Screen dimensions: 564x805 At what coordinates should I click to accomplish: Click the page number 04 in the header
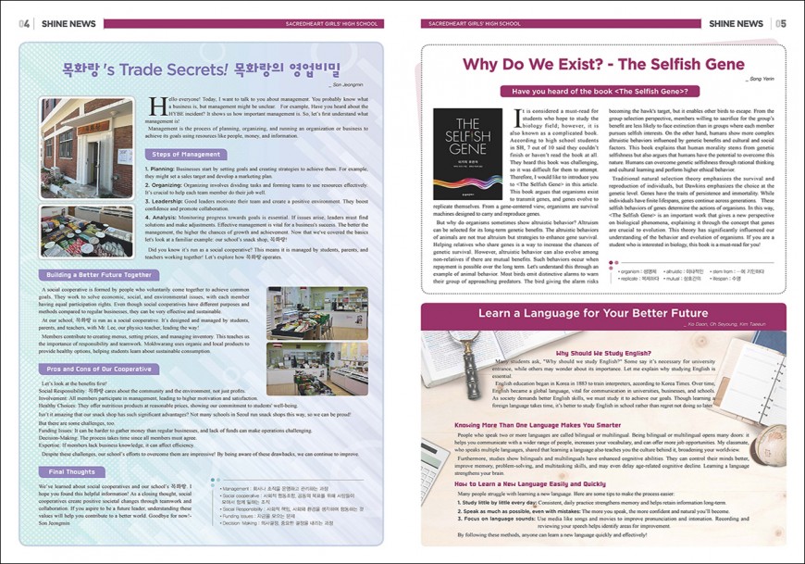[x=24, y=23]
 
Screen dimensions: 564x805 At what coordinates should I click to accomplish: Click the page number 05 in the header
[x=781, y=23]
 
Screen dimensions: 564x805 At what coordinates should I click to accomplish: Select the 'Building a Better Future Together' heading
[x=99, y=275]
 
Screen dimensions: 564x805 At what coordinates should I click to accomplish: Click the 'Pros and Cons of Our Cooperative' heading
[x=99, y=369]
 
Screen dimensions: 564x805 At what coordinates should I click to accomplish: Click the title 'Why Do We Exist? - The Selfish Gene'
[x=602, y=65]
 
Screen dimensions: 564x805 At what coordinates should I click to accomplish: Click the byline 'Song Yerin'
[x=761, y=80]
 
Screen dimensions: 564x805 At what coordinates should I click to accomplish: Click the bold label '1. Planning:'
[x=162, y=169]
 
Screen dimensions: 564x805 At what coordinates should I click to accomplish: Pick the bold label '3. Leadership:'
[x=167, y=200]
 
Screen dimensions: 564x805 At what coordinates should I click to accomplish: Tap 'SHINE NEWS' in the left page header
[x=64, y=23]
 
